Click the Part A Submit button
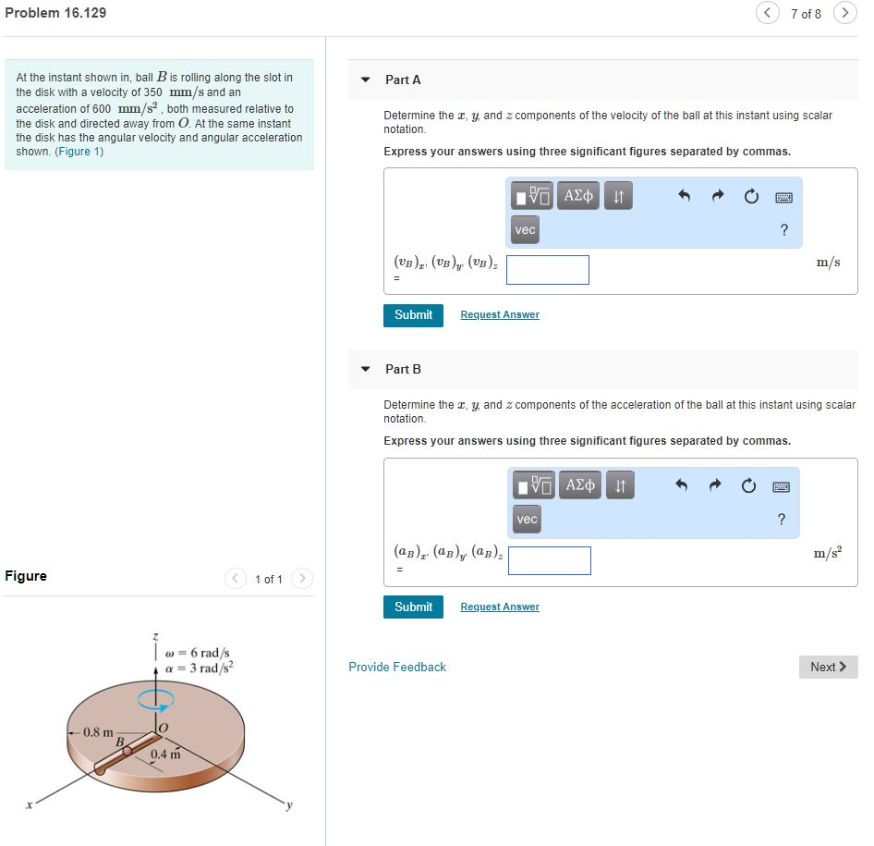coord(413,315)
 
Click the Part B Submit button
coord(413,607)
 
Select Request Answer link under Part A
coord(500,315)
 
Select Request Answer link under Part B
coord(500,607)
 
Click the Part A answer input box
coord(548,270)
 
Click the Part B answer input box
coord(549,560)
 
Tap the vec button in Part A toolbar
coord(525,229)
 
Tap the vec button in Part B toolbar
coord(527,520)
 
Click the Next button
coord(828,667)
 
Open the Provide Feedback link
coord(397,667)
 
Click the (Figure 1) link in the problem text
coord(79,152)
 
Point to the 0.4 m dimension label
coord(165,754)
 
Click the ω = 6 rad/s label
coord(197,653)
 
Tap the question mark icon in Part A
coord(784,230)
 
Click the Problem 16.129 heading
coord(55,13)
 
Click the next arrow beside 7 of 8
coord(844,13)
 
